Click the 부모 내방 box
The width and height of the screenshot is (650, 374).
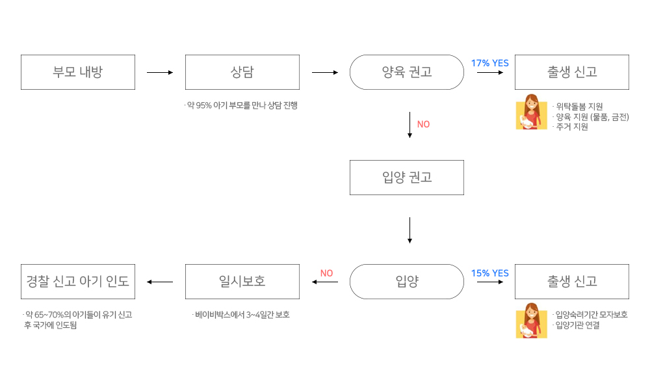(x=78, y=72)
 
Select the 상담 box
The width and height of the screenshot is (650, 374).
(x=242, y=72)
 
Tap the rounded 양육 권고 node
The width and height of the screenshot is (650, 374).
(x=407, y=72)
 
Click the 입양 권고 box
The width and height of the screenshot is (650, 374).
(x=407, y=178)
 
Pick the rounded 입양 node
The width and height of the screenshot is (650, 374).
(x=407, y=282)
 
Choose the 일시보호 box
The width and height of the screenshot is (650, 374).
(x=242, y=282)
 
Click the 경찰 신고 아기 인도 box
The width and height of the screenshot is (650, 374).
(x=78, y=282)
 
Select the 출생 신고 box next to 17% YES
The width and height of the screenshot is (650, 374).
(x=572, y=72)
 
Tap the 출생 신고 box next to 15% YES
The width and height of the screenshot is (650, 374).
(x=572, y=282)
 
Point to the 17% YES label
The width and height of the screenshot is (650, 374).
(x=490, y=63)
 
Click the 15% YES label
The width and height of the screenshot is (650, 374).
(x=490, y=273)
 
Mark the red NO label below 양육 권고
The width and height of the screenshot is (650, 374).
(x=423, y=124)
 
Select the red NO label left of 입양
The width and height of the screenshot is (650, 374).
(x=327, y=273)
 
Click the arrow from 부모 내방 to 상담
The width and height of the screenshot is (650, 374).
(x=160, y=73)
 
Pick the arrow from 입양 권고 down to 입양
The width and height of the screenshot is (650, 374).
(x=409, y=230)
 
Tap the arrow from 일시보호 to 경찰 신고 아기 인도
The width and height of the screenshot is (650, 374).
(x=160, y=282)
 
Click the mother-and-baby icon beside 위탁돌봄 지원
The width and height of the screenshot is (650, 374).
(x=532, y=112)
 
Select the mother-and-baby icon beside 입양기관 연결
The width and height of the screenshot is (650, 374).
(x=532, y=321)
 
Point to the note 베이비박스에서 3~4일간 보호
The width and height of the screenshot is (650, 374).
(x=242, y=315)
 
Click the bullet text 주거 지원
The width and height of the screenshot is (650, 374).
(x=572, y=127)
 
